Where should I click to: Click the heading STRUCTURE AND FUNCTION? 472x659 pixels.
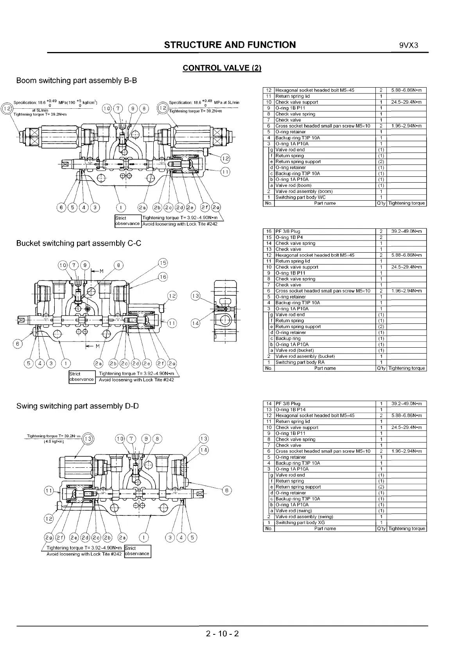230,45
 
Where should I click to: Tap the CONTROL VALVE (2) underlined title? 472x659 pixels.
222,68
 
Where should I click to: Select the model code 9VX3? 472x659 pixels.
409,45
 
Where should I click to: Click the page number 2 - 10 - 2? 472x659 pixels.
222,633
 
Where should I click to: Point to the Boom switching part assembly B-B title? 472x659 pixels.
77,81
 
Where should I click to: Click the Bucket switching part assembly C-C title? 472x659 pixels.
79,243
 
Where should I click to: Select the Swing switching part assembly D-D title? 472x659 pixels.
77,406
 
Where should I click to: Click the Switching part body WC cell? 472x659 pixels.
300,198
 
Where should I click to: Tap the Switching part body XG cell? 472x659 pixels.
300,523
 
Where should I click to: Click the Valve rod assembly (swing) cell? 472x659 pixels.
304,517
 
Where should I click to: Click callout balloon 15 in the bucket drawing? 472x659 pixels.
163,263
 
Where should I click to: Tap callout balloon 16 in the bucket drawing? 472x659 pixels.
163,277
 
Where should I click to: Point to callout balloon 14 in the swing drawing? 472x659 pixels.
204,450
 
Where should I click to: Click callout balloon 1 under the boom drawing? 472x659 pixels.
122,207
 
